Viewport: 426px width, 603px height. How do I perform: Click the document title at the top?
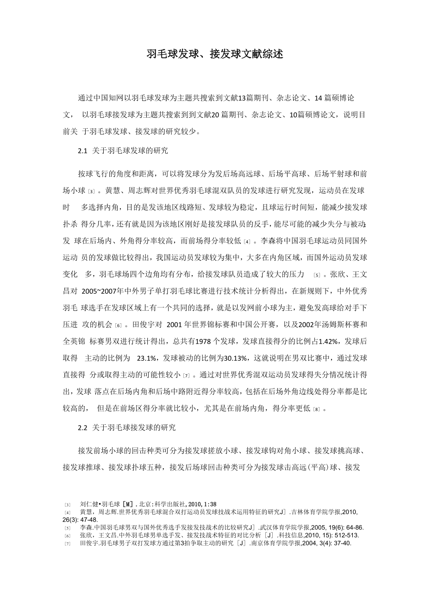pyautogui.click(x=214, y=54)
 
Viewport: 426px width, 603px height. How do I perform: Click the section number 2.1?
pyautogui.click(x=83, y=151)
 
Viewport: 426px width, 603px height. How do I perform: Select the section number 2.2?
pyautogui.click(x=83, y=428)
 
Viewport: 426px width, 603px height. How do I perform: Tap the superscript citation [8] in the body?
pyautogui.click(x=316, y=409)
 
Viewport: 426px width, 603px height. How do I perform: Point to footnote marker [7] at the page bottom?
pyautogui.click(x=68, y=544)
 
